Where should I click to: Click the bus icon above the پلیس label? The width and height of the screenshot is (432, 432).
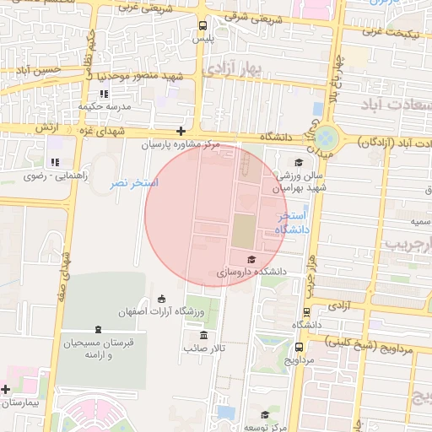pyautogui.click(x=201, y=25)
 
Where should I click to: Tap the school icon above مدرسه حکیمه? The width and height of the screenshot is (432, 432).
pyautogui.click(x=104, y=94)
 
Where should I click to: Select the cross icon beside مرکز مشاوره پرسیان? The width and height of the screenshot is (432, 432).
pyautogui.click(x=181, y=131)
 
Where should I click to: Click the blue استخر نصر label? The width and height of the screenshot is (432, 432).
pyautogui.click(x=135, y=182)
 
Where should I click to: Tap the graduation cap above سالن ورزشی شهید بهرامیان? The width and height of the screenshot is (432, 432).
pyautogui.click(x=297, y=163)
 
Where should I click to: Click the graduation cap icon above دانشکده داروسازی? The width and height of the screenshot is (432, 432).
pyautogui.click(x=251, y=259)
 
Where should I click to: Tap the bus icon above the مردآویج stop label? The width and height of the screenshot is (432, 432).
pyautogui.click(x=300, y=346)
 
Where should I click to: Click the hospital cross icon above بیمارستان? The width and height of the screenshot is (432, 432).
pyautogui.click(x=7, y=389)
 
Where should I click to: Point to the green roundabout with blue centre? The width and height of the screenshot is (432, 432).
pyautogui.click(x=327, y=138)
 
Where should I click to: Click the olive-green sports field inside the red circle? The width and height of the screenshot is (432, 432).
pyautogui.click(x=242, y=230)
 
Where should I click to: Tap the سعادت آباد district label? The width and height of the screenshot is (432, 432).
pyautogui.click(x=394, y=104)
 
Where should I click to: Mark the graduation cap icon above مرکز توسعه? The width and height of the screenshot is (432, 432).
pyautogui.click(x=265, y=414)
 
